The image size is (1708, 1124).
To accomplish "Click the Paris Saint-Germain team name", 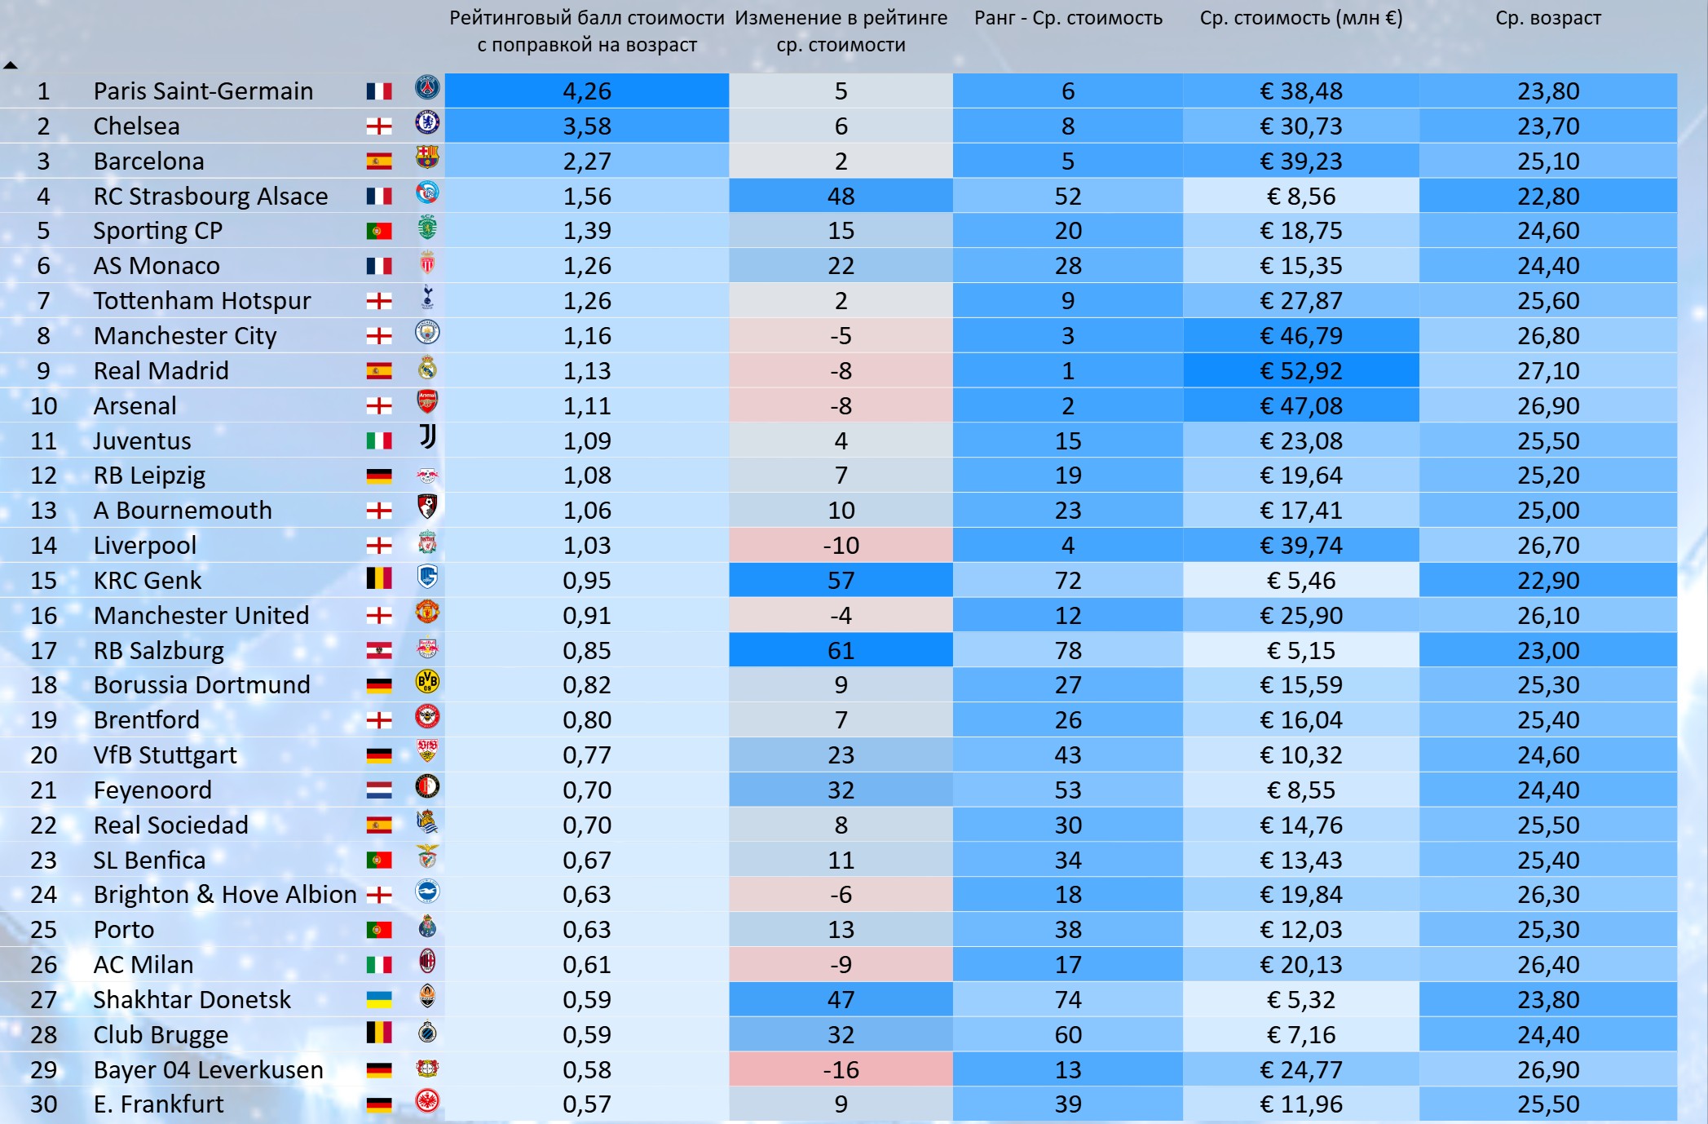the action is (203, 91).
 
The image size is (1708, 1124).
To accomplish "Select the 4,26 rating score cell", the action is (587, 91).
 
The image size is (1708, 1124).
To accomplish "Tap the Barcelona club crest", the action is (427, 157).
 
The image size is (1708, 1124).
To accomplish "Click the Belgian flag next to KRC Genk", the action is (379, 578).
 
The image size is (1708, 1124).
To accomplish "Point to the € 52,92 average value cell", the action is (1301, 370).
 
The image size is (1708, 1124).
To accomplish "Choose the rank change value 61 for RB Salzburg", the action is (841, 650).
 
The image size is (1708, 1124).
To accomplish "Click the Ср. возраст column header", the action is (1547, 18).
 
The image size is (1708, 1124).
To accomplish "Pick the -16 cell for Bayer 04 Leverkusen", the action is (841, 1069).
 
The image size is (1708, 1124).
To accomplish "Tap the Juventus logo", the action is (428, 437).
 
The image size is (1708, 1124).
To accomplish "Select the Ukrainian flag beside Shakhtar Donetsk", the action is (379, 999).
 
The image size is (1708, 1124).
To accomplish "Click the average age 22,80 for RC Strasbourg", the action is (1548, 196).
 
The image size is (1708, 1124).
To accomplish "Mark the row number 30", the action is (44, 1104).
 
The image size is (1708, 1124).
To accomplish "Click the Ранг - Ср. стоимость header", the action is (1068, 18).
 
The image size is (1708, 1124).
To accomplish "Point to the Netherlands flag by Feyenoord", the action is (379, 790).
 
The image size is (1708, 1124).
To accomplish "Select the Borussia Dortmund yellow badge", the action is (427, 682).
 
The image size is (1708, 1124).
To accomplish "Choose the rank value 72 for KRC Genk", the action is (1068, 580).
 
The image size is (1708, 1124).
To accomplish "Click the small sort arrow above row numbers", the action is (10, 65).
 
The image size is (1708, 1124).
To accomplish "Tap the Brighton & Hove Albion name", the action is (225, 895).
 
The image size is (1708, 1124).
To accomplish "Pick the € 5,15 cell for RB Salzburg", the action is (1301, 650).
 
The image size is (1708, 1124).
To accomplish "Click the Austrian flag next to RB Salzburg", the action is (379, 650).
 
